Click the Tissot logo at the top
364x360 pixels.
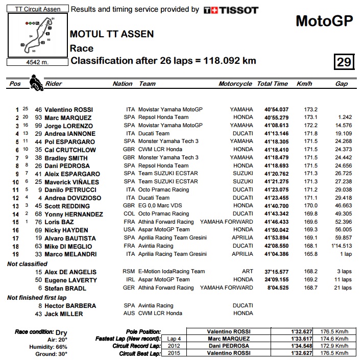click(231, 10)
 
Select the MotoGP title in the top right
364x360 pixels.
click(324, 21)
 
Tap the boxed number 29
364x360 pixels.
click(344, 62)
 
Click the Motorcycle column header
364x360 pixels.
click(235, 84)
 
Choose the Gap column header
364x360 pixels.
click(341, 84)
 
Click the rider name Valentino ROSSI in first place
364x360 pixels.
click(68, 109)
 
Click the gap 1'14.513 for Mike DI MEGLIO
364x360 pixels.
click(340, 246)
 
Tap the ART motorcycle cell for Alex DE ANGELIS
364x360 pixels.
click(247, 272)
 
